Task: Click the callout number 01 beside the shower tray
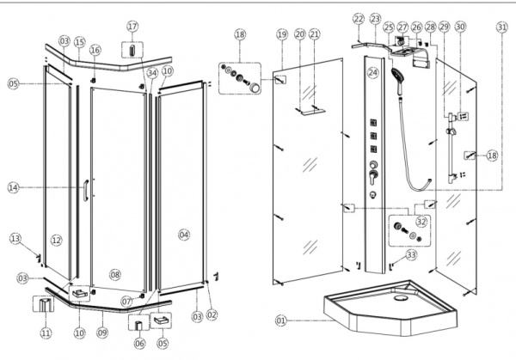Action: (279, 320)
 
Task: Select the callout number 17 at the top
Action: (132, 27)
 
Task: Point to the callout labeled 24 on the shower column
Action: (373, 73)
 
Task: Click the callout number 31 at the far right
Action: (501, 27)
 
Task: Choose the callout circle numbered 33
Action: (411, 254)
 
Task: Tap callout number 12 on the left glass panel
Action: (56, 240)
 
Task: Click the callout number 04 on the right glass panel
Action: (183, 234)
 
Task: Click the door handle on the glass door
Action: (84, 191)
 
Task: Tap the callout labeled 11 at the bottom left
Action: (46, 333)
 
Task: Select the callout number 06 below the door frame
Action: (139, 343)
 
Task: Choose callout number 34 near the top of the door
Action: (151, 73)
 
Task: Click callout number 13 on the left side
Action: (15, 238)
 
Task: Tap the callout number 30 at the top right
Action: (460, 27)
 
